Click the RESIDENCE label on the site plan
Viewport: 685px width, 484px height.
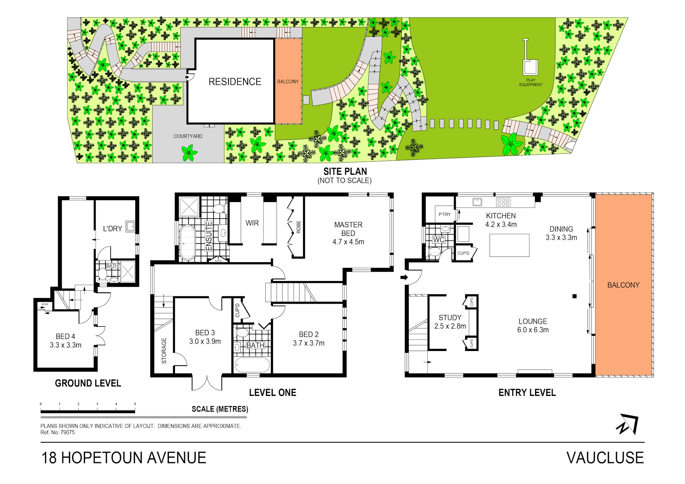click(235, 82)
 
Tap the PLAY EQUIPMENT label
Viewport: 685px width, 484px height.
click(530, 82)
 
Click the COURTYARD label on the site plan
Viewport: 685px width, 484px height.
click(188, 136)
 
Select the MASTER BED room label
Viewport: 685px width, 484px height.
click(348, 229)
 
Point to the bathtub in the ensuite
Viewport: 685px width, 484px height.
click(187, 243)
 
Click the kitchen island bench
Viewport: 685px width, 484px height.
click(509, 245)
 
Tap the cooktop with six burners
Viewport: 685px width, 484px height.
click(503, 202)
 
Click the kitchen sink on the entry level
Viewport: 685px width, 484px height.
click(477, 202)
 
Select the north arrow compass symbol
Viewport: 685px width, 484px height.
click(627, 424)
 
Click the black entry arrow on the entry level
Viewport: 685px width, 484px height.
click(404, 277)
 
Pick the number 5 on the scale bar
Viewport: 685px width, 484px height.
click(135, 404)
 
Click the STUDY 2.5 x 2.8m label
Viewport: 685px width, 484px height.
click(450, 322)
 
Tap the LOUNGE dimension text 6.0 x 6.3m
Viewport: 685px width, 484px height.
click(533, 330)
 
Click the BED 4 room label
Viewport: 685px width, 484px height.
click(65, 336)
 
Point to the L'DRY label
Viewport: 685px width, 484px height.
click(112, 229)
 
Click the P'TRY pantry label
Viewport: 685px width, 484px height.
click(444, 214)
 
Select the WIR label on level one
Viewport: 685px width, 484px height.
click(252, 223)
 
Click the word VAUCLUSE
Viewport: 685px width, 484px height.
click(605, 458)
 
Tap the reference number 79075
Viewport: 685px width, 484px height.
click(67, 432)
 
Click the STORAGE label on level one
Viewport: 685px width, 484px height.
click(164, 351)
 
